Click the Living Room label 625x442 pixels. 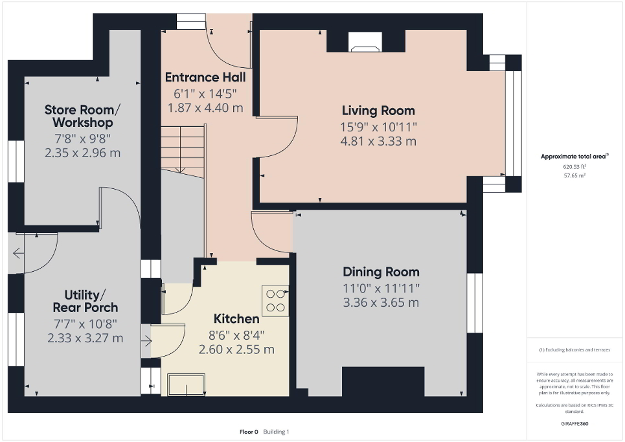click(x=378, y=111)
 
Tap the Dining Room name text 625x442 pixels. click(x=381, y=272)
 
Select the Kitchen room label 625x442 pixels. click(x=236, y=319)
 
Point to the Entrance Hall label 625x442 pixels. click(x=205, y=77)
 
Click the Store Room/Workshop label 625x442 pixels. click(x=78, y=115)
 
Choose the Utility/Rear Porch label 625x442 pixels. click(x=85, y=301)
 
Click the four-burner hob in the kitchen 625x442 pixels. click(x=276, y=300)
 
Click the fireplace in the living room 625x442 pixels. click(x=366, y=43)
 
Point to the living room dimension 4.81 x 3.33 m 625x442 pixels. click(x=378, y=141)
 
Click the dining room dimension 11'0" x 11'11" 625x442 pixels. click(x=381, y=288)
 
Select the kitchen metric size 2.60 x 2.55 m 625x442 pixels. click(x=236, y=349)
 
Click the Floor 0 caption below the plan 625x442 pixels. click(x=247, y=432)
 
